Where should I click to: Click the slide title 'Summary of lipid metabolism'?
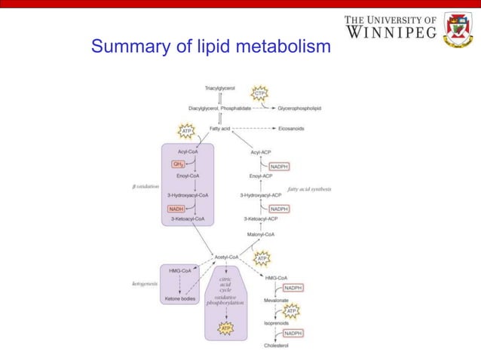pos(210,47)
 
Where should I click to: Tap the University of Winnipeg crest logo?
pos(457,29)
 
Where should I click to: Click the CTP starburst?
pos(260,94)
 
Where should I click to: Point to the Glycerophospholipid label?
pos(299,108)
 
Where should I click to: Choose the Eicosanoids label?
pos(291,129)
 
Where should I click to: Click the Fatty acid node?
pos(219,129)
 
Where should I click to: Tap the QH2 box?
pos(178,163)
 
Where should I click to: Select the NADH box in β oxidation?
pos(176,209)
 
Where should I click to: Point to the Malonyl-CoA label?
pos(260,234)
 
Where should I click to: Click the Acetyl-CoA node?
pos(227,257)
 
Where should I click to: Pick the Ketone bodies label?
pos(180,299)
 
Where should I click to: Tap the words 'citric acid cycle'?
pos(225,284)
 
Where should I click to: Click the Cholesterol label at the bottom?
pos(275,345)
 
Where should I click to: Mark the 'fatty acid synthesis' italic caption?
pos(309,188)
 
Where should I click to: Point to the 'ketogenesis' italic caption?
pos(145,284)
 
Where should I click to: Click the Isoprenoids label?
pos(275,323)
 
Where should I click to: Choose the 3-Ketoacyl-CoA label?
pos(188,218)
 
